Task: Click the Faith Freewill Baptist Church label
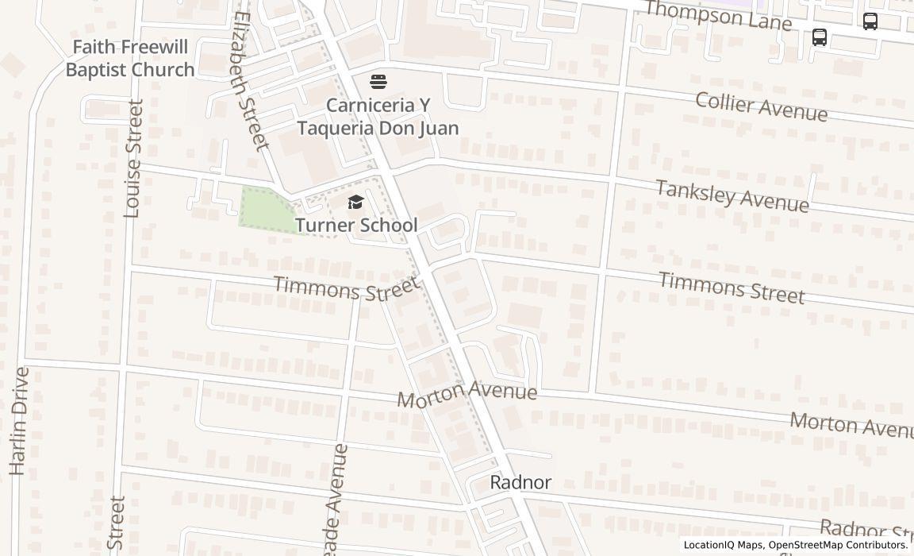130,59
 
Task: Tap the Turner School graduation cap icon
355,203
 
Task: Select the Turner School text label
356,225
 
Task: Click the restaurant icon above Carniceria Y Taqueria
378,82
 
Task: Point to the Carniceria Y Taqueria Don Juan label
378,116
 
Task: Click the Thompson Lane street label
718,15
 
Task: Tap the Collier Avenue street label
761,106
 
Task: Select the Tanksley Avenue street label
732,196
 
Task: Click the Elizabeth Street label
252,80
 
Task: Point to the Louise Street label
133,158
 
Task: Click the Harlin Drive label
19,421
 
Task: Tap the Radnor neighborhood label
520,482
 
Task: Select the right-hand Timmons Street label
731,288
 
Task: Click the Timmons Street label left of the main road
346,288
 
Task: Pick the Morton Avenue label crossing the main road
467,393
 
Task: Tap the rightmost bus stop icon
870,21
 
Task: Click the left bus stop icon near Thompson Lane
820,37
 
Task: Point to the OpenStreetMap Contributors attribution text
837,545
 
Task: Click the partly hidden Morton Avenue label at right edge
851,424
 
